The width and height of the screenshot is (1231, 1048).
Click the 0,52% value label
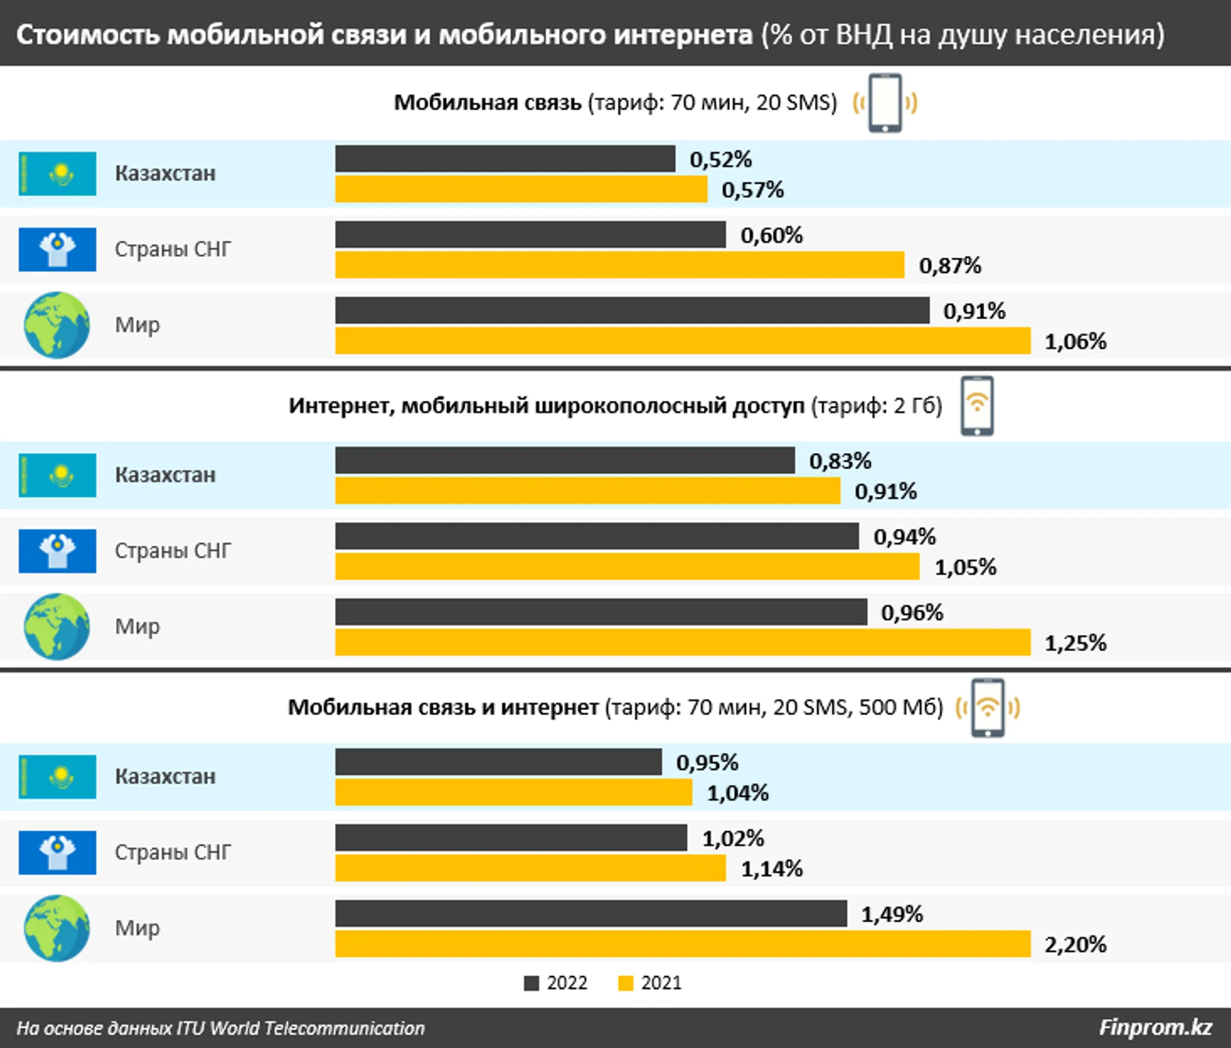(x=720, y=159)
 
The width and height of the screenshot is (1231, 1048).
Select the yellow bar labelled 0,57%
(x=521, y=189)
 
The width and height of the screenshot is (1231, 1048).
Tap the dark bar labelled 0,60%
(x=530, y=235)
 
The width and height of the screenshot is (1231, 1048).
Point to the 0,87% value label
(x=950, y=266)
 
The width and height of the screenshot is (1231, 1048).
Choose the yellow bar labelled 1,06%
(x=683, y=341)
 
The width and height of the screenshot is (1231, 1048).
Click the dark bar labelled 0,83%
(x=565, y=461)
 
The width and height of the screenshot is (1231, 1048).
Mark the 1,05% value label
(x=965, y=567)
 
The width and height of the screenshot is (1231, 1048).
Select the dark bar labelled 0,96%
(x=601, y=612)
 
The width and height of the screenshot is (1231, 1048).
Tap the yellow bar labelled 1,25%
(x=683, y=642)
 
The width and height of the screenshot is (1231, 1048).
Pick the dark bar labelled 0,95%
(x=498, y=762)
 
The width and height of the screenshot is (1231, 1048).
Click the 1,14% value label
(x=772, y=869)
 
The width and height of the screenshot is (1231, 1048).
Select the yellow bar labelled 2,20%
(x=683, y=944)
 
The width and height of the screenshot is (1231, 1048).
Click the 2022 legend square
(x=531, y=984)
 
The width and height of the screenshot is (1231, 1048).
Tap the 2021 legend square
(x=625, y=984)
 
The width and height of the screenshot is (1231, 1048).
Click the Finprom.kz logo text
(x=1155, y=1027)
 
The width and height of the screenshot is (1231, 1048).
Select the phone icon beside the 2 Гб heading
(x=977, y=406)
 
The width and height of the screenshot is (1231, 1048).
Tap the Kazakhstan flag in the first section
(x=57, y=173)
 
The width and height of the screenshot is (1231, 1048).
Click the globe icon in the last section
(x=57, y=928)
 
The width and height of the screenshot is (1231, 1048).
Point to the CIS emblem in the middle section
(x=57, y=551)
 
